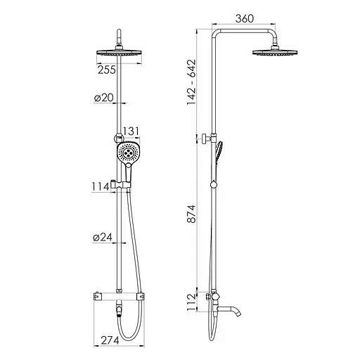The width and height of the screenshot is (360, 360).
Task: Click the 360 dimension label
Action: (245, 18)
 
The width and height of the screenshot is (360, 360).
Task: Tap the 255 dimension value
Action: (107, 70)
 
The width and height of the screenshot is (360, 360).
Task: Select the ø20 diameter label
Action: (104, 98)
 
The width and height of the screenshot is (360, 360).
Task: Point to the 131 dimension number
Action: (131, 131)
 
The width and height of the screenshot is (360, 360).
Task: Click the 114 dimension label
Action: (101, 187)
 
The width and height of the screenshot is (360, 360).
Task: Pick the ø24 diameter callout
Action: (103, 238)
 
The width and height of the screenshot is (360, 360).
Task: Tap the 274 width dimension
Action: (110, 340)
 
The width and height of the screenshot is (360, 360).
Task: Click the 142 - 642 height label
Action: (191, 82)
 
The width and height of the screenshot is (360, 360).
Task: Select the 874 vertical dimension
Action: (191, 214)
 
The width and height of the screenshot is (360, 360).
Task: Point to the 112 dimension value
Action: (191, 302)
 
